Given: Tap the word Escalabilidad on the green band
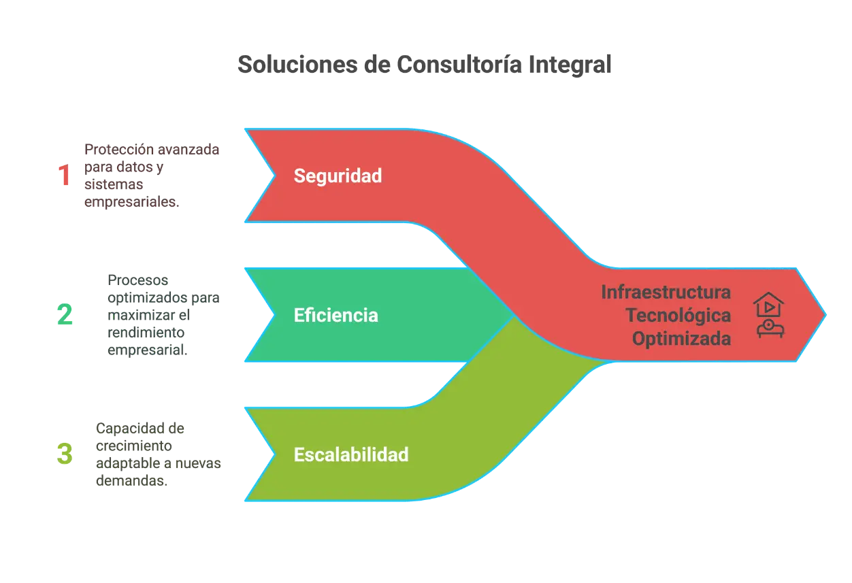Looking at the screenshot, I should tap(351, 454).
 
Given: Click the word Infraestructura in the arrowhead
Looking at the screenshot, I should tap(666, 293).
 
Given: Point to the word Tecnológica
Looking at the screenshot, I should tap(678, 316).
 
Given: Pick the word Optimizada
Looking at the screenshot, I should tap(681, 339).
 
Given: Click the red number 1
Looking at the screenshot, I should tap(64, 176).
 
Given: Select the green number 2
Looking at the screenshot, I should tap(65, 315).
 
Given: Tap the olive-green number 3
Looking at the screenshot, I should tap(64, 454).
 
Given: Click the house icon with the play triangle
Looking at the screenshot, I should tap(769, 304).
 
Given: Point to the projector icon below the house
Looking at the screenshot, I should tap(770, 329).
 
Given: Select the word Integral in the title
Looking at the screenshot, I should tap(570, 65).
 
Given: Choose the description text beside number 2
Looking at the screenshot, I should tap(163, 315).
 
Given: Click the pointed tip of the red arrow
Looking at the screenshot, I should tap(825, 314).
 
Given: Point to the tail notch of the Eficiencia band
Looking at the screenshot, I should tap(275, 315).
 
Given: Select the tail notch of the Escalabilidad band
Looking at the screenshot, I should tap(275, 454).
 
